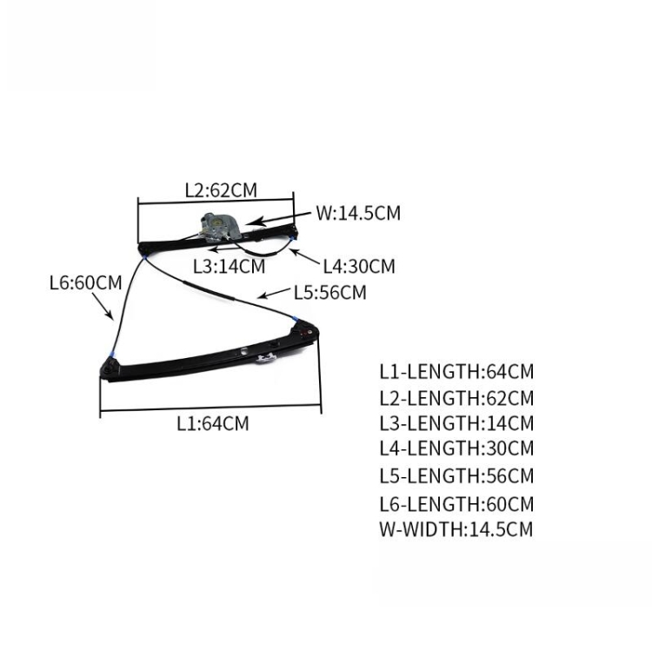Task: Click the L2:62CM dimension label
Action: [x=221, y=190]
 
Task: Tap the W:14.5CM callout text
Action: [x=358, y=213]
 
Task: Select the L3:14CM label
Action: [x=230, y=267]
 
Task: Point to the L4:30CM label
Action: [x=359, y=266]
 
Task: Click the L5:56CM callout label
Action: [x=330, y=293]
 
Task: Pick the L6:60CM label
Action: [x=86, y=283]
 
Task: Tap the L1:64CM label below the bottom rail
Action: [x=213, y=423]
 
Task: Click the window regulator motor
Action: [x=219, y=228]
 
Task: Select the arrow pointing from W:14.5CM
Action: [x=278, y=219]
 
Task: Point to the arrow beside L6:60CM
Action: [x=103, y=306]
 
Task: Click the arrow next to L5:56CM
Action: [x=273, y=293]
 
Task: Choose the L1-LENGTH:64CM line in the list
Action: [x=456, y=372]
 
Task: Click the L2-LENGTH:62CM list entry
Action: [x=456, y=398]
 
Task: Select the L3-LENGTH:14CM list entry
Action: [x=456, y=423]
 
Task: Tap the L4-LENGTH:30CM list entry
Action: [x=456, y=448]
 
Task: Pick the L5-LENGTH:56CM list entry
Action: [x=456, y=476]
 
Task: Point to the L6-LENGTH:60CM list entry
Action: [x=456, y=504]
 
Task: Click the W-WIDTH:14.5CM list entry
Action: [x=456, y=529]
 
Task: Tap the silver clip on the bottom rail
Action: [x=267, y=358]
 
